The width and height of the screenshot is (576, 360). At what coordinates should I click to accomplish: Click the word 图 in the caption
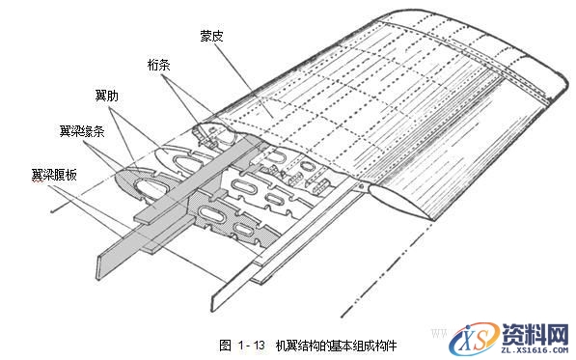225,345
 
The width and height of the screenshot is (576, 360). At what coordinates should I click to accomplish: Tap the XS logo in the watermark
475,335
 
